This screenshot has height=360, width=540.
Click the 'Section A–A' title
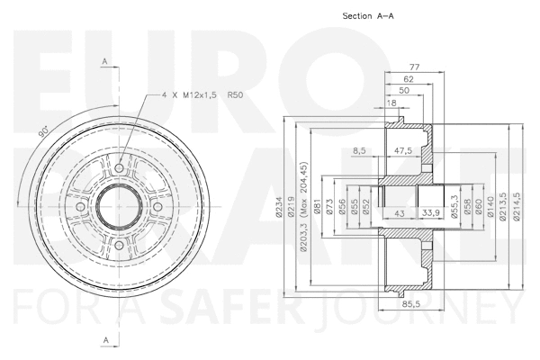click(370, 16)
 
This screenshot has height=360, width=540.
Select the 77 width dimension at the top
click(416, 67)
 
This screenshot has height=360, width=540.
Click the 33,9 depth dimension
click(431, 213)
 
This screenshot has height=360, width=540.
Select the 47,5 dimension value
click(403, 151)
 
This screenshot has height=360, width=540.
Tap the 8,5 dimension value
click(360, 151)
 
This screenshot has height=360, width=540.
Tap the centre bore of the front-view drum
click(119, 207)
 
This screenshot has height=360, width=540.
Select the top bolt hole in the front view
click(119, 166)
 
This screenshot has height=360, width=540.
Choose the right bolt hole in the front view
click(158, 207)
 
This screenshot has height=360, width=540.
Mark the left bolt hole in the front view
click(79, 207)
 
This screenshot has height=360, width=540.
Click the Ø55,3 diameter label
click(454, 208)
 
